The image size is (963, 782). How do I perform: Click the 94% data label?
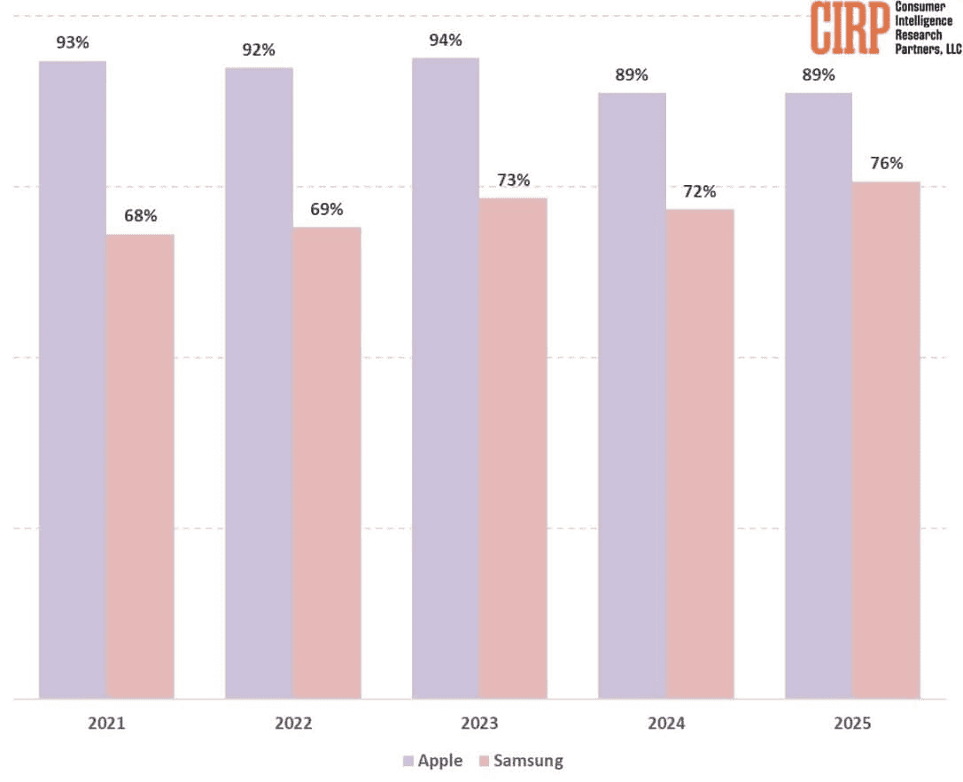(446, 40)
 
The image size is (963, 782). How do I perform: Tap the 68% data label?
(140, 216)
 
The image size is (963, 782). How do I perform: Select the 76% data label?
(886, 163)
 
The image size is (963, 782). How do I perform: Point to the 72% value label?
(700, 191)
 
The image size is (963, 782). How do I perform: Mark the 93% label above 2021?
(73, 43)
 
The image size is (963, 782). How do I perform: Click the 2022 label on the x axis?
(293, 724)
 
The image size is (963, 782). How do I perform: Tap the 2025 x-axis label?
(852, 724)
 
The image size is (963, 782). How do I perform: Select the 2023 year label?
(479, 724)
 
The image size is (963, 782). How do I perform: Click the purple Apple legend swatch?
(408, 760)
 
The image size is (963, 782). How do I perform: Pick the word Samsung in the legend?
(528, 760)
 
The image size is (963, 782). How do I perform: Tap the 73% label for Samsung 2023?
(513, 180)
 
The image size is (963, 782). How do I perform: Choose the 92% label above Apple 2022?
(260, 50)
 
